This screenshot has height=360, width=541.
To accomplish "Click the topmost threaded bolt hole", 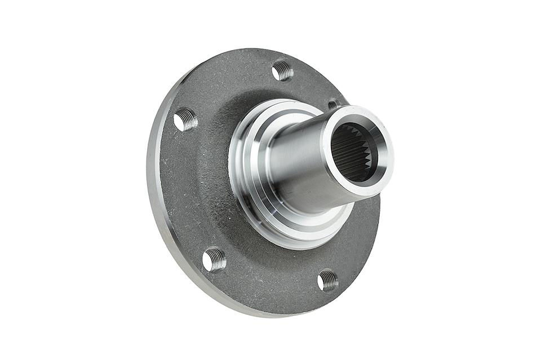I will point(282,71).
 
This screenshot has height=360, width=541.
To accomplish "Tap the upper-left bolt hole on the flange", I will point(185,120).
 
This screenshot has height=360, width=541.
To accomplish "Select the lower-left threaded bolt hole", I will point(214,260).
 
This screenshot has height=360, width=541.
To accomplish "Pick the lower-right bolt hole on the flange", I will point(327,280).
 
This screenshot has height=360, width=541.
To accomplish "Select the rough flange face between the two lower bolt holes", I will point(270,270).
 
